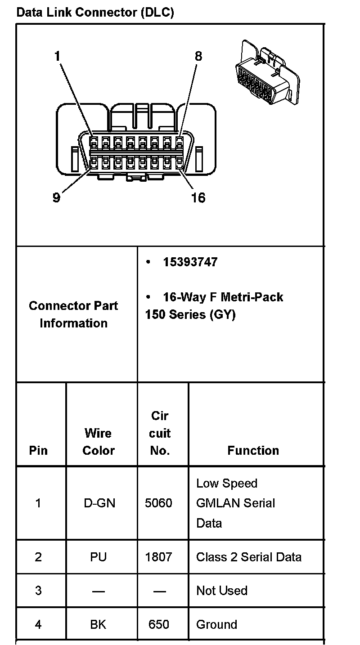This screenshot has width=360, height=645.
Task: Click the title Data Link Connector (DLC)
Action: [x=95, y=13]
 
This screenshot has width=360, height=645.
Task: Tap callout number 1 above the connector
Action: [x=57, y=56]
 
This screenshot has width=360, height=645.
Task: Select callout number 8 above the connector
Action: [x=198, y=56]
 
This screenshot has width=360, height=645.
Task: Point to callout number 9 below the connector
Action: [x=56, y=197]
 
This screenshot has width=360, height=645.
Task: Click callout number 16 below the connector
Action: [x=198, y=197]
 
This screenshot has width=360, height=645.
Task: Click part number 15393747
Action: [x=190, y=262]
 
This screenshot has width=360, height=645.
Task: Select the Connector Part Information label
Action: [x=73, y=314]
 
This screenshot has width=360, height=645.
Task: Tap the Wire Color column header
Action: [x=99, y=442]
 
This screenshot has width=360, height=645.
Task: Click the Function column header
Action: [x=253, y=450]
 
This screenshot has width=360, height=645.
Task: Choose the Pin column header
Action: [x=38, y=450]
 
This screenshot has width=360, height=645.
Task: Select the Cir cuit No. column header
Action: [x=160, y=433]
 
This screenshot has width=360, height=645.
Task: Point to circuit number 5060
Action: [x=158, y=503]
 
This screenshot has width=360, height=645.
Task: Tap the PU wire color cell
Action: [x=99, y=557]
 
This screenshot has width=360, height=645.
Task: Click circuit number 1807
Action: [x=158, y=557]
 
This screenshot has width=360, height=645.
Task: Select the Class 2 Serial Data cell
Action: [x=249, y=557]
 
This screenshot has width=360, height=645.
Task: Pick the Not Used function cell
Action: [x=222, y=591]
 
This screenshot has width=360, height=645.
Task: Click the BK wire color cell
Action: [x=99, y=624]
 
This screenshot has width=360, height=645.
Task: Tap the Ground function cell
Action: [x=216, y=624]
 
